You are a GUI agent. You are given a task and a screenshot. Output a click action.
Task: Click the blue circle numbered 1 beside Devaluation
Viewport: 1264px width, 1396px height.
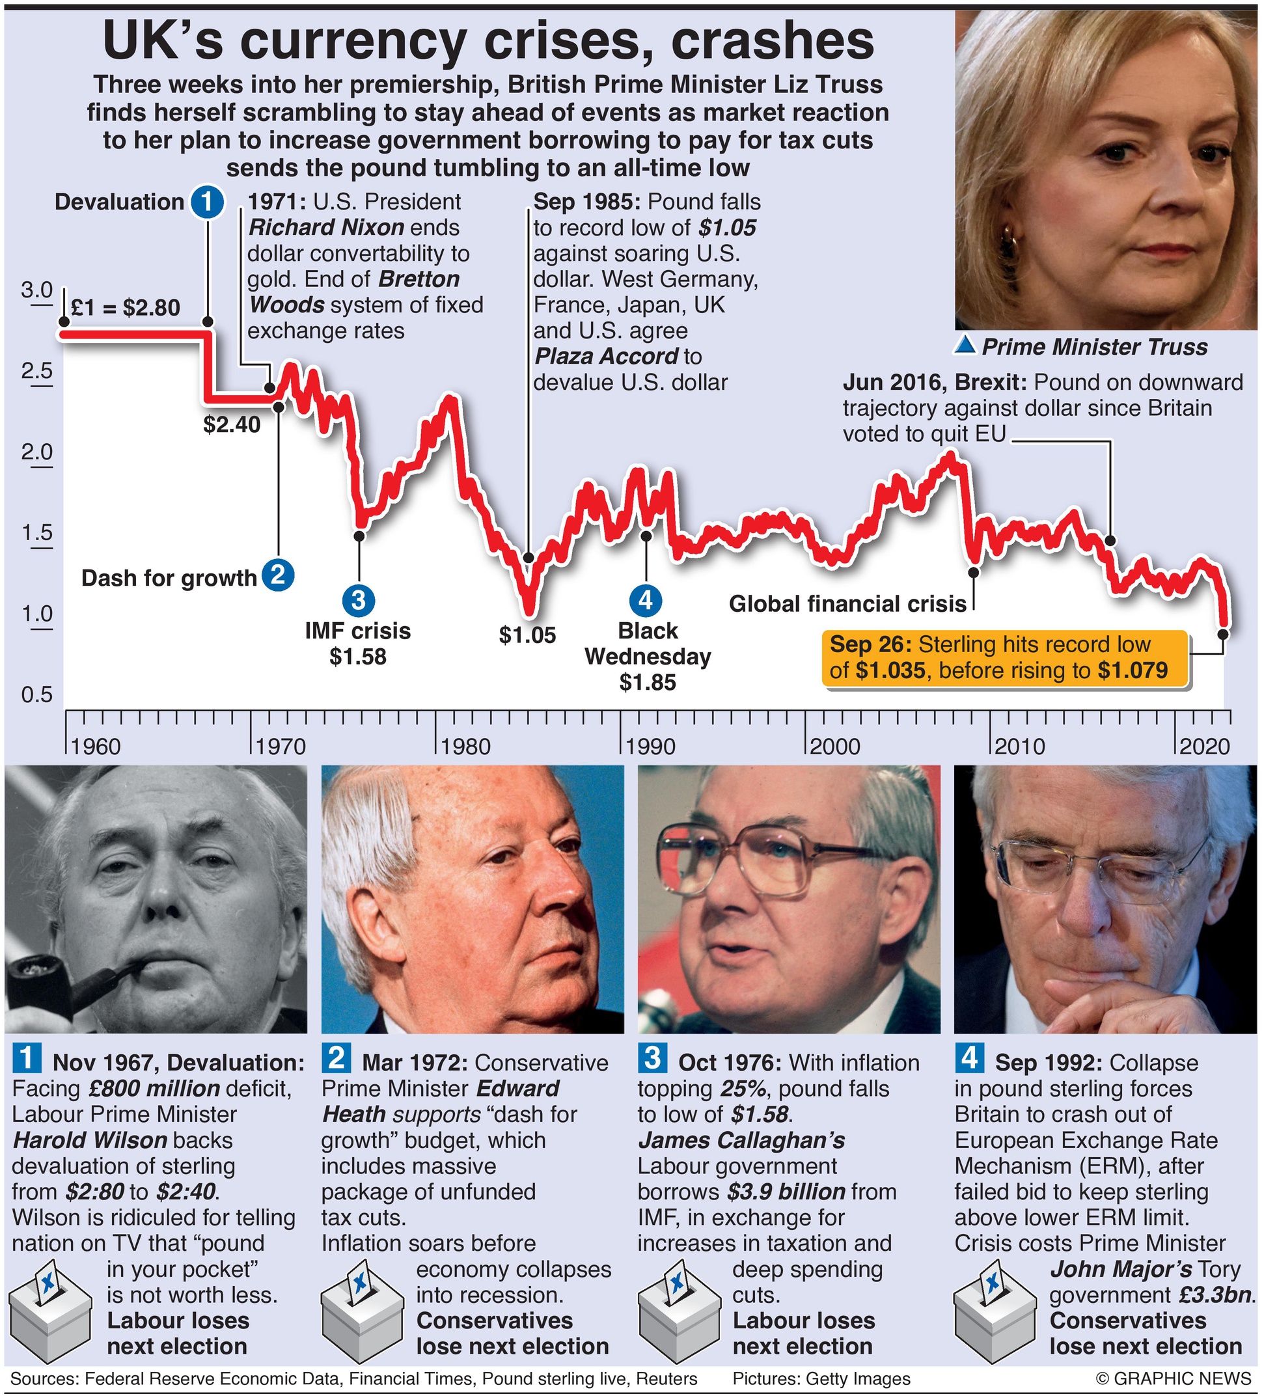click(206, 202)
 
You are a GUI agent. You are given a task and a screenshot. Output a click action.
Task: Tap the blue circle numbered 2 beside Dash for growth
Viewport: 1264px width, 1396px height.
click(279, 575)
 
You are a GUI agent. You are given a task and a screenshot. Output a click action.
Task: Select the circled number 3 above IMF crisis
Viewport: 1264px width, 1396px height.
click(358, 599)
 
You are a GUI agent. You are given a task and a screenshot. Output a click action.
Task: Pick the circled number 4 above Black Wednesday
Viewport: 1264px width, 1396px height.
click(646, 599)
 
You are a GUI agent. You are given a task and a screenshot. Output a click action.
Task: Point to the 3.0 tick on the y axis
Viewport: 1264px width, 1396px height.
click(36, 290)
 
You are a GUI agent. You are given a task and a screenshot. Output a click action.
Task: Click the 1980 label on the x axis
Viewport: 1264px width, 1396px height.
click(465, 746)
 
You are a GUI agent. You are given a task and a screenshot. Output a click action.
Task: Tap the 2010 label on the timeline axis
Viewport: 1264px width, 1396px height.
click(1019, 746)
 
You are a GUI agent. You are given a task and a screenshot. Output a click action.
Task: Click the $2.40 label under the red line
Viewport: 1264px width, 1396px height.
click(231, 424)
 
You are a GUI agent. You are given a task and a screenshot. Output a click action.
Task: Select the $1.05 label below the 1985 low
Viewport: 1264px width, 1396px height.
click(527, 635)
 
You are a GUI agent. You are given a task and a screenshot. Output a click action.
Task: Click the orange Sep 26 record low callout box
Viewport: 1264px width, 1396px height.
click(1004, 658)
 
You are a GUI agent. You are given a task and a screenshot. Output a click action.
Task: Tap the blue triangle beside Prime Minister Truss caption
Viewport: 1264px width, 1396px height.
click(965, 346)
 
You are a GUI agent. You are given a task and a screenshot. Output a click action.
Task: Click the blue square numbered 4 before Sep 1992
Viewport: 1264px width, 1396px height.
click(969, 1058)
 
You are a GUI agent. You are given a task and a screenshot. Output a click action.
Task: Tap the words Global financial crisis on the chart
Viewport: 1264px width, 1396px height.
click(847, 604)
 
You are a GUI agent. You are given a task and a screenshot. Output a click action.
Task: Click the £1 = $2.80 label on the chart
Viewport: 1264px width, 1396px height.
click(126, 307)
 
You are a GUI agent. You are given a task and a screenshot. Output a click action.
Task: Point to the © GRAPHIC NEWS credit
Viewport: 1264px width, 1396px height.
click(1174, 1378)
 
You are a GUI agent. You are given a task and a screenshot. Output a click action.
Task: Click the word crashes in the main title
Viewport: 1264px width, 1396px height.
click(771, 42)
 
